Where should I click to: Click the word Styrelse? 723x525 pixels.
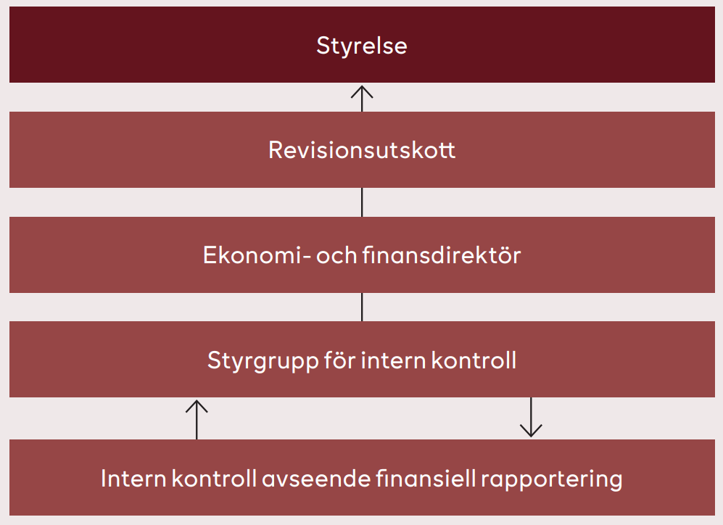click(361, 46)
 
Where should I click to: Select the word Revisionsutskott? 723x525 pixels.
click(362, 150)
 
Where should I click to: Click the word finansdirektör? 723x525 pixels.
click(442, 255)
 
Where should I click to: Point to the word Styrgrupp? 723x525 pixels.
click(263, 361)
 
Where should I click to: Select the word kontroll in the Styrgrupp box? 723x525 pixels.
click(474, 360)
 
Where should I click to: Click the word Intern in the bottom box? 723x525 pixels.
click(133, 479)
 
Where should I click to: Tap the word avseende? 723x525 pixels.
click(316, 479)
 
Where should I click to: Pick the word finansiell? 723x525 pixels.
click(426, 479)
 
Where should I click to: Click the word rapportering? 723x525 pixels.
click(551, 479)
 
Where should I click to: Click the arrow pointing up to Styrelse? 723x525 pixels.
click(362, 99)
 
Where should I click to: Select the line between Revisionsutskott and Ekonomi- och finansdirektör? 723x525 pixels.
click(362, 202)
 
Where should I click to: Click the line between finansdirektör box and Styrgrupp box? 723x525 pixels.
click(362, 307)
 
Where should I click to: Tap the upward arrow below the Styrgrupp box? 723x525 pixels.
click(197, 419)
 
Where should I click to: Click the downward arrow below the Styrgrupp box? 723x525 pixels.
click(531, 417)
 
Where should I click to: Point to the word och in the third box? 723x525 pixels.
click(336, 255)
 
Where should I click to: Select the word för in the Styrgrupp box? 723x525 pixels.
click(339, 360)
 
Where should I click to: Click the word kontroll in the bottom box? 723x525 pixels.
click(214, 479)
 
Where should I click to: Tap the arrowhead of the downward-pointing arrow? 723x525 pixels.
click(531, 436)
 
